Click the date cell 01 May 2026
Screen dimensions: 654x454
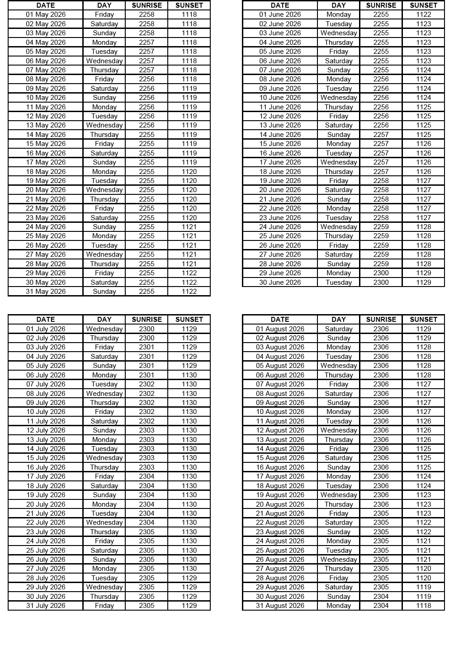46,14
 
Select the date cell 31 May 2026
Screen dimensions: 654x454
46,292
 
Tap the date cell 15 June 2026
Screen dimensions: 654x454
280,144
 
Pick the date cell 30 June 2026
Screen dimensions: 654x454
280,282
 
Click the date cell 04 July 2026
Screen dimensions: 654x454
46,357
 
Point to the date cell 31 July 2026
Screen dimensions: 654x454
46,606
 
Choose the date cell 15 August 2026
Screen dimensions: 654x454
280,458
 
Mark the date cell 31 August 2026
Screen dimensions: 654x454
280,606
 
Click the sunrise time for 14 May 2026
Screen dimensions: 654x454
147,135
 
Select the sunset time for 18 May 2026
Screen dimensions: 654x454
189,172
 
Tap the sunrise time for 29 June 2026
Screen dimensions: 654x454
381,273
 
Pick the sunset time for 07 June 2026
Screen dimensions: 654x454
423,70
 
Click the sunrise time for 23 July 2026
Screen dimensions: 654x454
147,532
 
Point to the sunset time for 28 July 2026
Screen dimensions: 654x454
189,578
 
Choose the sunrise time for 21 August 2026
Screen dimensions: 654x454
381,513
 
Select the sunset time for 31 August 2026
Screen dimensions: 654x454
423,606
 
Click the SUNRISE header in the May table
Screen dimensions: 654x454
147,5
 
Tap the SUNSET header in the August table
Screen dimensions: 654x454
423,320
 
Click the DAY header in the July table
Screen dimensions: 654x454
104,320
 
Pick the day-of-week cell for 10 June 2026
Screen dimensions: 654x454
338,98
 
